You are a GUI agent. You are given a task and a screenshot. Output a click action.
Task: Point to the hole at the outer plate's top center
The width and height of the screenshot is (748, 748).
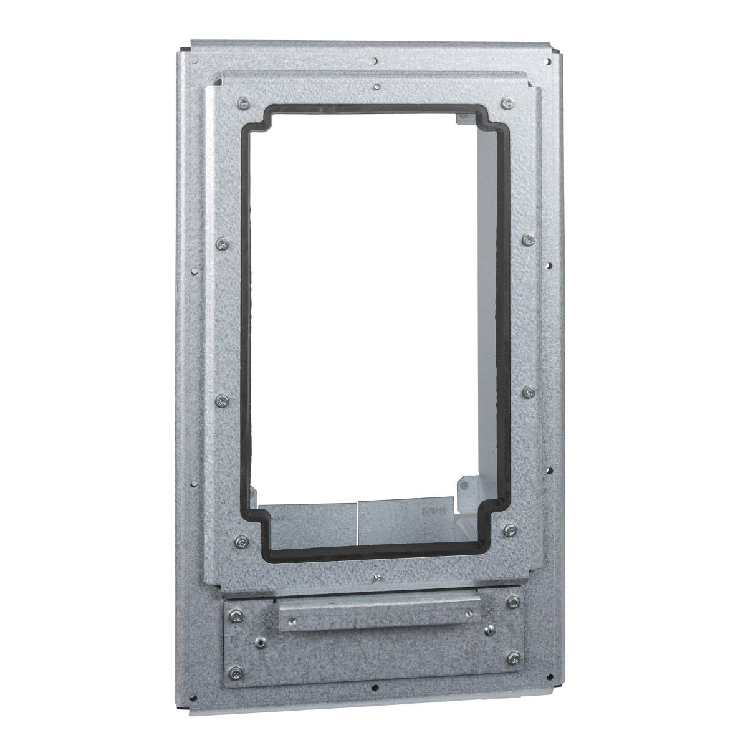point(373,61)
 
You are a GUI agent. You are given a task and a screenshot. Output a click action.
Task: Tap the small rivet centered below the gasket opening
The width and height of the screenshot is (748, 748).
point(377,579)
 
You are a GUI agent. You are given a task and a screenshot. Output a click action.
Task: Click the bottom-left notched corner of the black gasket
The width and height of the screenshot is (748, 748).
point(262,534)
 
